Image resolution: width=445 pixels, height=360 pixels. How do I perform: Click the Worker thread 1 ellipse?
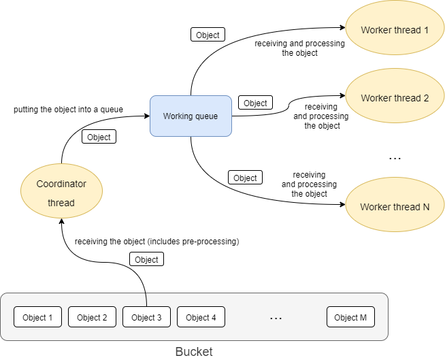(395, 30)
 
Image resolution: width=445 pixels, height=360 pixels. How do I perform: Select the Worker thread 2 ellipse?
(395, 98)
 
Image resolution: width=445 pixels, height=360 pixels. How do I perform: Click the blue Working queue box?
(191, 116)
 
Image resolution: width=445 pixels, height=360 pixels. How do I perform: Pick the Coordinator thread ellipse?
(62, 193)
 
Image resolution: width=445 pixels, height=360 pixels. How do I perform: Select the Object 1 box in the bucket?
(38, 317)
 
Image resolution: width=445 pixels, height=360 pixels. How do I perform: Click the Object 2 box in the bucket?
(93, 317)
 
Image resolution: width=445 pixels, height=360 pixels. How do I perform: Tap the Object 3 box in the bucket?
(147, 317)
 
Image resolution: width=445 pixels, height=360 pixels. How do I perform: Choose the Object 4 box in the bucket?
(201, 317)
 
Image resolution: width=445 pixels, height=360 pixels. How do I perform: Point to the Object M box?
(351, 317)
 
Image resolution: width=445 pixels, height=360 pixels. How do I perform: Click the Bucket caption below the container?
(194, 352)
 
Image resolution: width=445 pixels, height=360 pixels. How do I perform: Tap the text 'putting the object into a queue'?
(69, 109)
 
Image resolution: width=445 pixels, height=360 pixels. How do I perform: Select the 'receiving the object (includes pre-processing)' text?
(157, 242)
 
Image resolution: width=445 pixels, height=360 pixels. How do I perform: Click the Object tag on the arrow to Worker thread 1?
(208, 35)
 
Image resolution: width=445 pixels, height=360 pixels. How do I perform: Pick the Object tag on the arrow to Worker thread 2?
(255, 103)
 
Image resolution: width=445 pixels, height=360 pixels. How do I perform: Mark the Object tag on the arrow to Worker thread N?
(245, 178)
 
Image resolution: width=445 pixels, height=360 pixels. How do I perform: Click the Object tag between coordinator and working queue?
(99, 137)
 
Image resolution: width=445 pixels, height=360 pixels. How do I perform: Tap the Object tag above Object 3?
(146, 259)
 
